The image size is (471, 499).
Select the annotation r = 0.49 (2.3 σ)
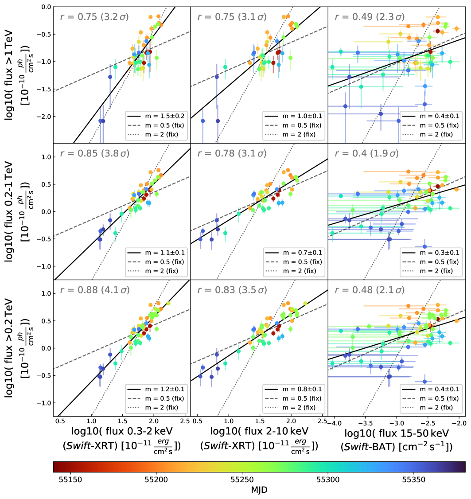(x=369, y=17)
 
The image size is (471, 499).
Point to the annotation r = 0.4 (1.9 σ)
(x=367, y=154)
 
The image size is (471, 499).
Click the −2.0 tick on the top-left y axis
(x=43, y=116)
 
